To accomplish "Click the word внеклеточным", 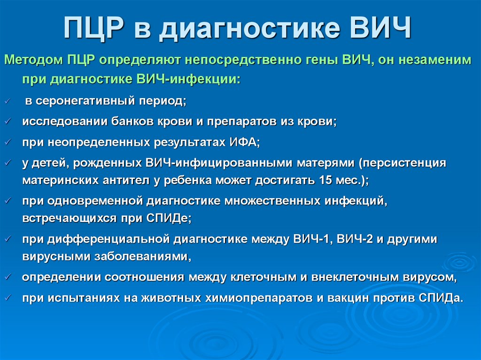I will tap(354, 276).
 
